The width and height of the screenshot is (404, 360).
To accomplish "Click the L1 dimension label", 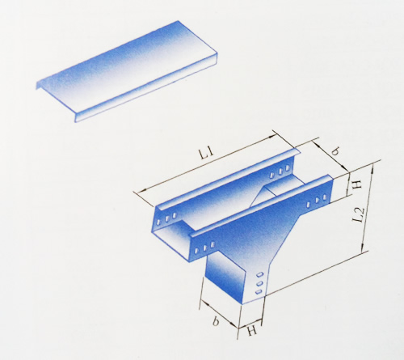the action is [206, 154].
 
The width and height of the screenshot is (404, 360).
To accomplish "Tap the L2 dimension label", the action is [360, 215].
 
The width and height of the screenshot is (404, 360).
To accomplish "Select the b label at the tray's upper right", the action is [335, 152].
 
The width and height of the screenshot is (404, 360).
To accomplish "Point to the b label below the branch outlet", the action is [216, 321].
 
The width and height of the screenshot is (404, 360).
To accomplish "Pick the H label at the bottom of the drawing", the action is [252, 330].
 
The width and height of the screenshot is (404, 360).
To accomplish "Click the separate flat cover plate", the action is [127, 71].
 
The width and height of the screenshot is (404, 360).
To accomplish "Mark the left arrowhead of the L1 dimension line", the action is [141, 190].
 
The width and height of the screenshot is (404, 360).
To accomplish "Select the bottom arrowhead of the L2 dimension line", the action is [363, 248].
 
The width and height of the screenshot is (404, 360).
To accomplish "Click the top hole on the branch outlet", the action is [259, 274].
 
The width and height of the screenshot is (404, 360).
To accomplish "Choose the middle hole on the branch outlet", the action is [259, 283].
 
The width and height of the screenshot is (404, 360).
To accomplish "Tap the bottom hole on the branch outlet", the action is [259, 291].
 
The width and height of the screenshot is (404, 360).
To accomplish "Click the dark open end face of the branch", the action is [225, 277].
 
